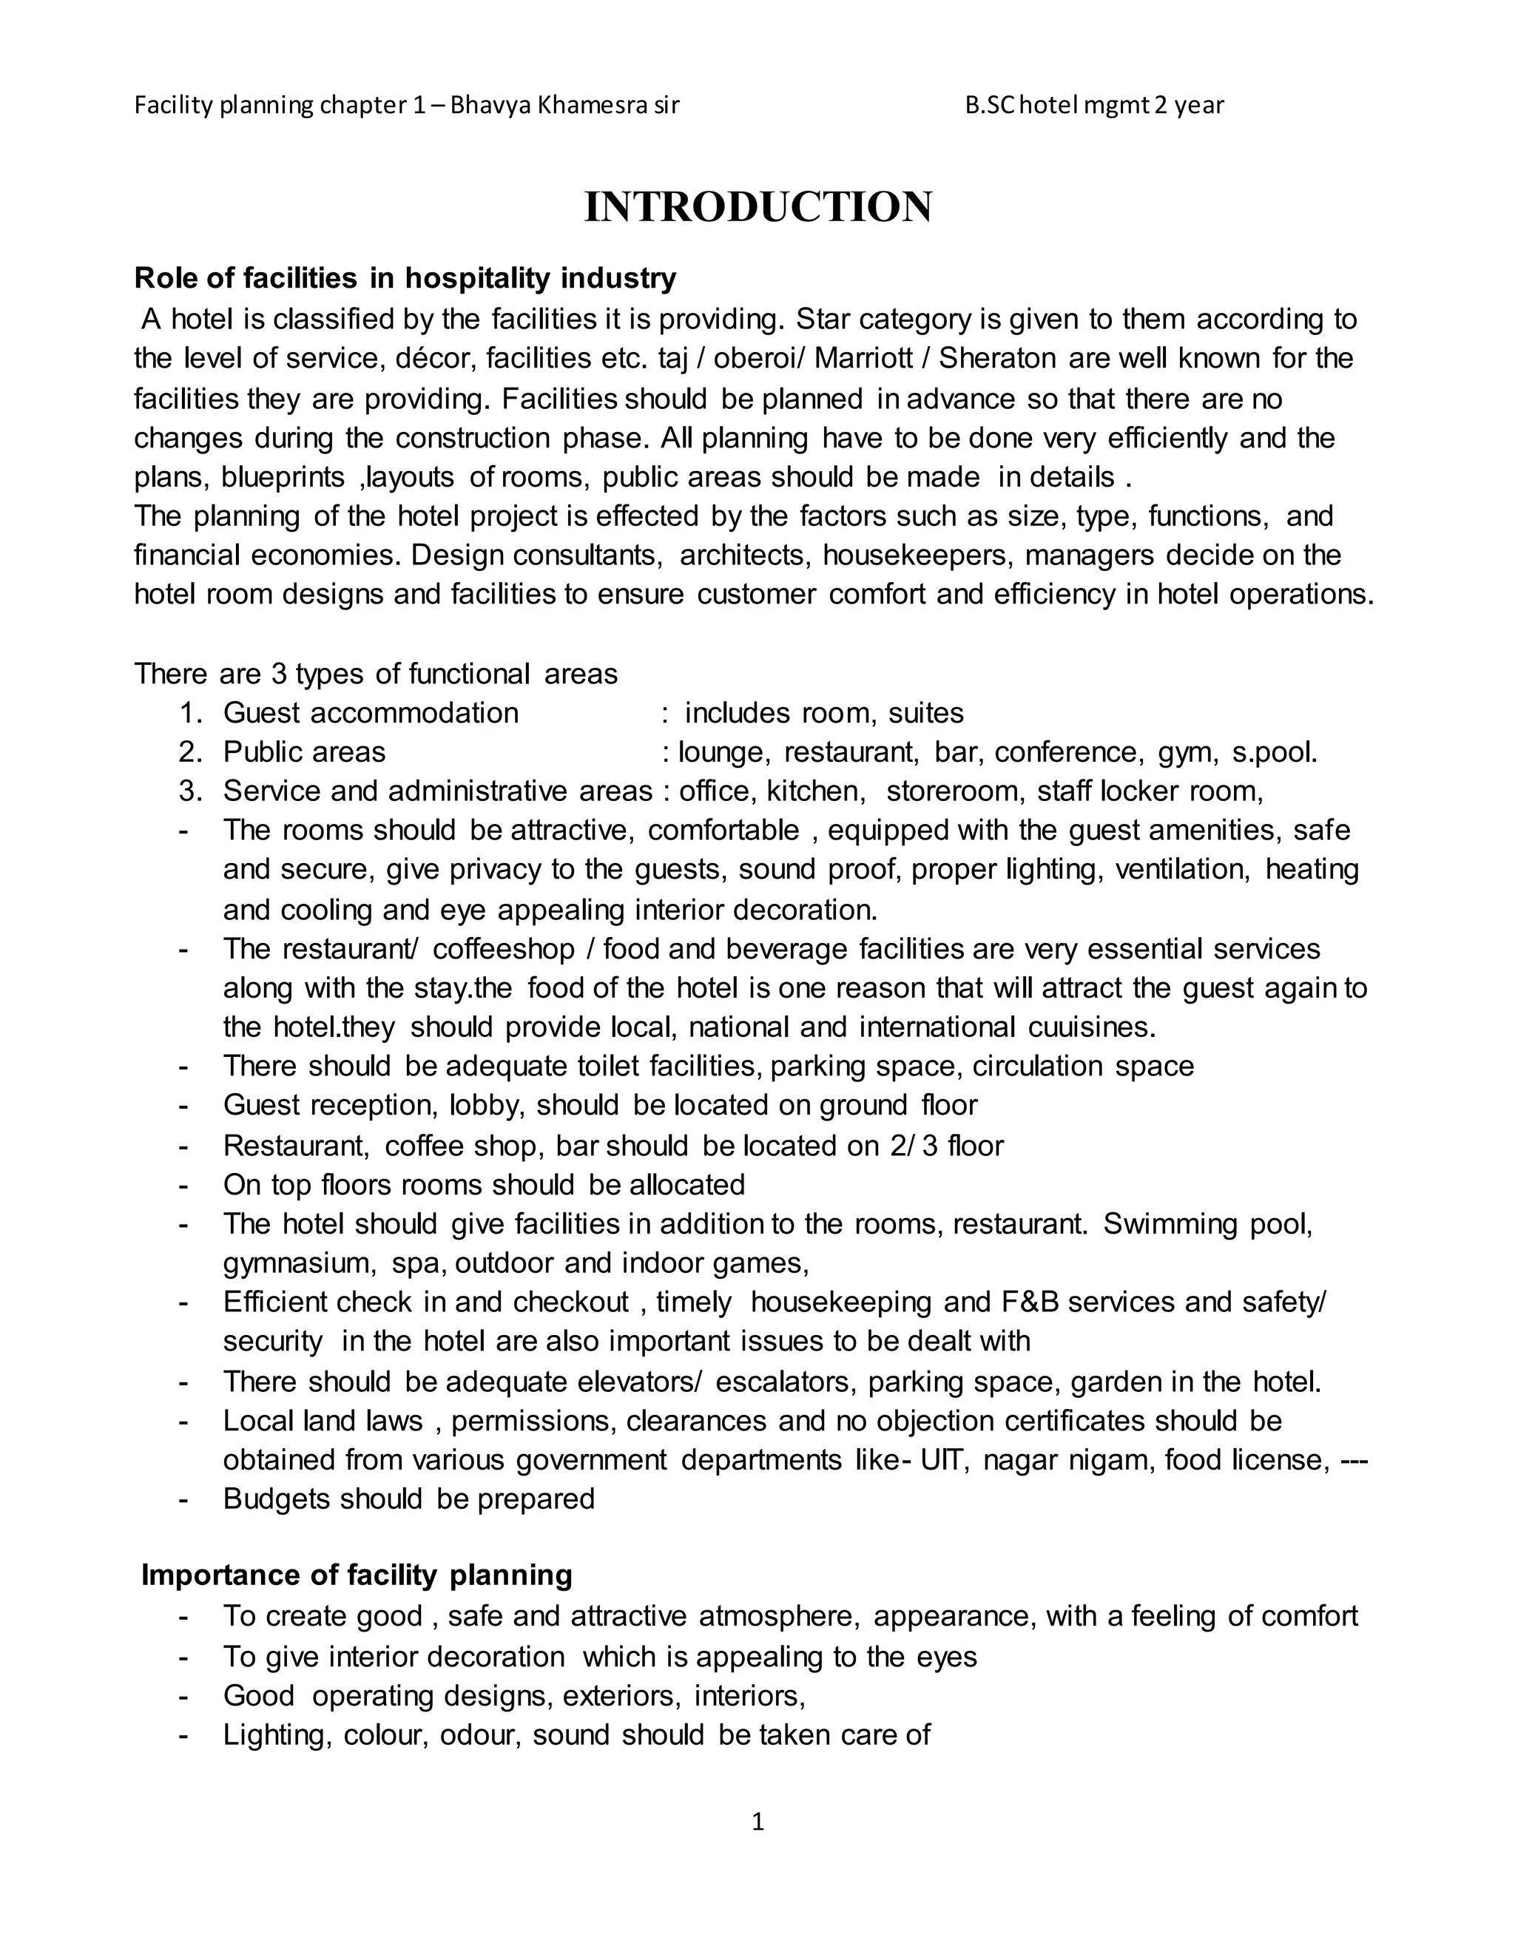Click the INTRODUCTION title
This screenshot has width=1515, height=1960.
tap(757, 207)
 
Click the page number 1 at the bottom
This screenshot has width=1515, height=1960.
tap(757, 1821)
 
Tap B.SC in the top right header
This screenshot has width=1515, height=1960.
tap(990, 105)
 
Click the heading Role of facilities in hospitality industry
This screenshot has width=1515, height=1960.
tap(405, 278)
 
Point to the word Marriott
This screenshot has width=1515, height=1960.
tap(871, 358)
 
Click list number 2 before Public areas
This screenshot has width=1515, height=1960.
tap(189, 751)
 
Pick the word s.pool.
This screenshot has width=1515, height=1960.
tap(1275, 751)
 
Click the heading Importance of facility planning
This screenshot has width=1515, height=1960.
tap(357, 1575)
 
